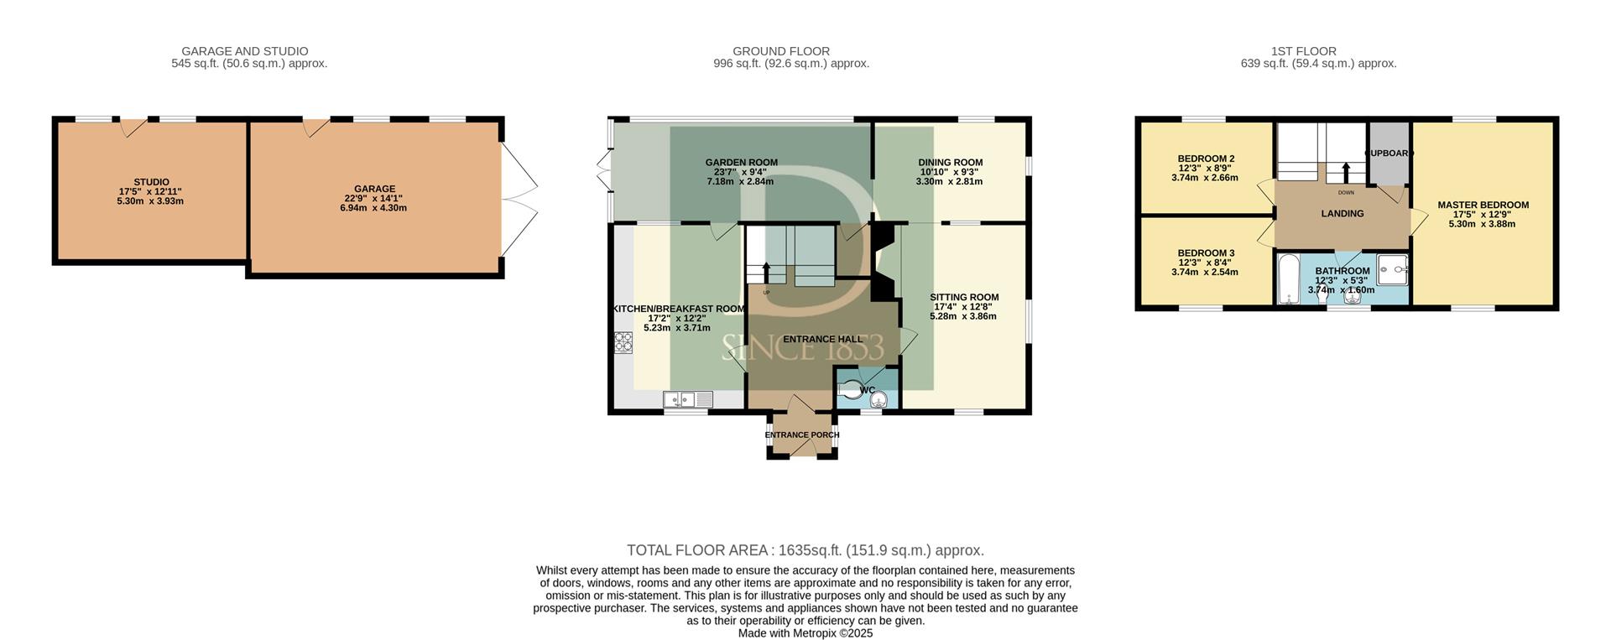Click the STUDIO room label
pos(151,182)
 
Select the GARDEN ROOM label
pos(741,163)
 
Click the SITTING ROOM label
pos(964,297)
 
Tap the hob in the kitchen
pos(623,341)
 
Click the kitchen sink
pos(687,400)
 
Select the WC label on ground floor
pos(868,390)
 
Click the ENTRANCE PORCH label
pos(802,435)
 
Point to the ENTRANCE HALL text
pos(822,340)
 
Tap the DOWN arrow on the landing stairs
pos(1346,172)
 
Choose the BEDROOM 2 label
pos(1206,159)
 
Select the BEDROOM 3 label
pos(1206,253)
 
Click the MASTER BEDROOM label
pos(1483,205)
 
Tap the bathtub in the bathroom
pos(1287,279)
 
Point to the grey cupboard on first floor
pos(1389,153)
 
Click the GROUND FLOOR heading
pos(781,51)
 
